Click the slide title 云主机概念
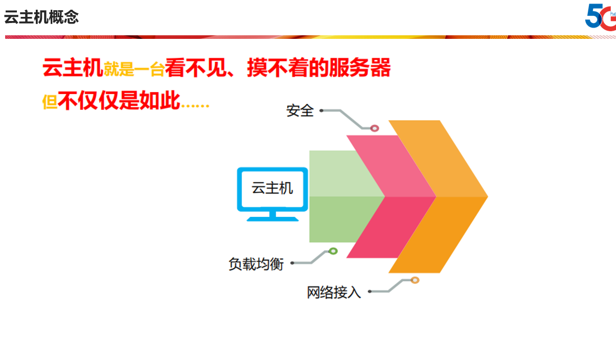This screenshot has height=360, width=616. (41, 17)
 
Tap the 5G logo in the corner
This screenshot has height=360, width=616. (600, 16)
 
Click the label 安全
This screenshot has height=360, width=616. (300, 111)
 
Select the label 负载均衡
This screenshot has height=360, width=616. (256, 264)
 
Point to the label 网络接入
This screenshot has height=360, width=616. (334, 292)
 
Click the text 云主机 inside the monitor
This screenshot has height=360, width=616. (272, 188)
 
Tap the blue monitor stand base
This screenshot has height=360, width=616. (273, 219)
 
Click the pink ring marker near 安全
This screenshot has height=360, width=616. (375, 128)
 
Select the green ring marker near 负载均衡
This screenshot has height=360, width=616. (333, 251)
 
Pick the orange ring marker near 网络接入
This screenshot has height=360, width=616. (415, 280)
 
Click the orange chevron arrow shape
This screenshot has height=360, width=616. (462, 197)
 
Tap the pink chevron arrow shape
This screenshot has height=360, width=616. (407, 197)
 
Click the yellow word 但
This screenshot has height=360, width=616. (50, 102)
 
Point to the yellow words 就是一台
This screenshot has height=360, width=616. (134, 69)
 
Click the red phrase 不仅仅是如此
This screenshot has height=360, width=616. (119, 100)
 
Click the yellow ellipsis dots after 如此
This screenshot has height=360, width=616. (195, 105)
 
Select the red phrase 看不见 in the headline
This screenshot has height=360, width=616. (196, 67)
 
